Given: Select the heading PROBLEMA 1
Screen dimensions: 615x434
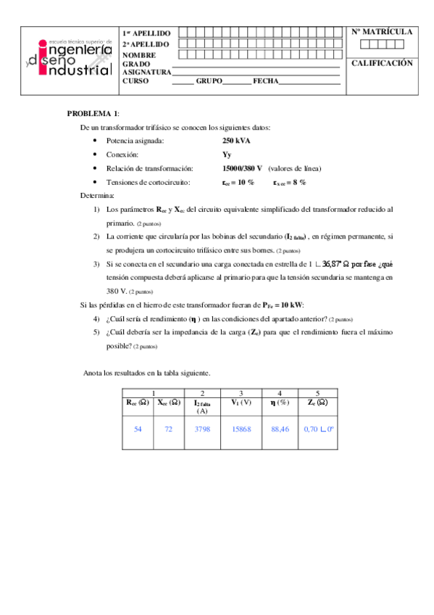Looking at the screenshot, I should coord(93,114).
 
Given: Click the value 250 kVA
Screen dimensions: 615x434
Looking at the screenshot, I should coord(237,141).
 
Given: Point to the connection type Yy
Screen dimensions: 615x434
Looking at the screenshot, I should coord(227,155).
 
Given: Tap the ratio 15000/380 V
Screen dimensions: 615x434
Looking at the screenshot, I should coord(243,168).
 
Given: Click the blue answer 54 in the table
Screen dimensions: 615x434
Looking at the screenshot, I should coord(138,429).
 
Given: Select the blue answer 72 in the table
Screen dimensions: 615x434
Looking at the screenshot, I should coord(169,429).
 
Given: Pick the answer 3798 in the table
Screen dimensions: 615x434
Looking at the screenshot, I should coord(202,429).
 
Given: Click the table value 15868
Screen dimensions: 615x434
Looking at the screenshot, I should coord(241,429).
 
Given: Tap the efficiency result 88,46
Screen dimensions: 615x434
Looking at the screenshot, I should coord(280,429).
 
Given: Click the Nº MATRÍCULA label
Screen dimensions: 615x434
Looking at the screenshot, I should coord(382,33).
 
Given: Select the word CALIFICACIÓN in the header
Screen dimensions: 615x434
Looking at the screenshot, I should coord(382,64).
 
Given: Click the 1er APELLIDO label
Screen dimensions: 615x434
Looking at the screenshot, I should coord(146,33).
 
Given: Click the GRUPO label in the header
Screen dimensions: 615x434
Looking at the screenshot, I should coord(209,81).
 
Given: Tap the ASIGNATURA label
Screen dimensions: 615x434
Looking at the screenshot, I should coord(147,73).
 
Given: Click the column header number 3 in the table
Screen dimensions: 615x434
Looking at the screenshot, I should coord(241,393).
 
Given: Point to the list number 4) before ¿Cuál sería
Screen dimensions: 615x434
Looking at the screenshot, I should coord(97,319).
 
